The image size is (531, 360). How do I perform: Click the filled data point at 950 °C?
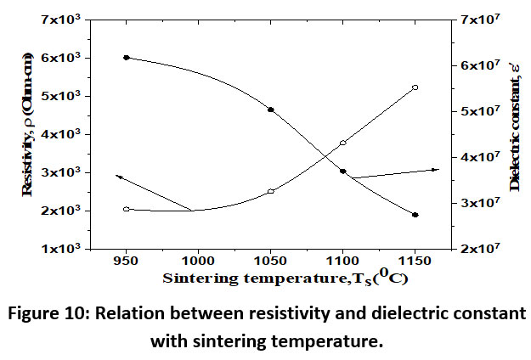point(127,58)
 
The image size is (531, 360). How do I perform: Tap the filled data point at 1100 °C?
point(343,172)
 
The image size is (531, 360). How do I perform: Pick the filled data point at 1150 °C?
point(415,215)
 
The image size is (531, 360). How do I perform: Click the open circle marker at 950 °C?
point(127,209)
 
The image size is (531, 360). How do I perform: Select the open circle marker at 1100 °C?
point(343,143)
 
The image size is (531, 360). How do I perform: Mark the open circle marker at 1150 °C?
point(415,87)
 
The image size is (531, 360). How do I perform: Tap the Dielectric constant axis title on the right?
point(515,133)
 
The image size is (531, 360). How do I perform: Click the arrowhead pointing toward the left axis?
point(119,177)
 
